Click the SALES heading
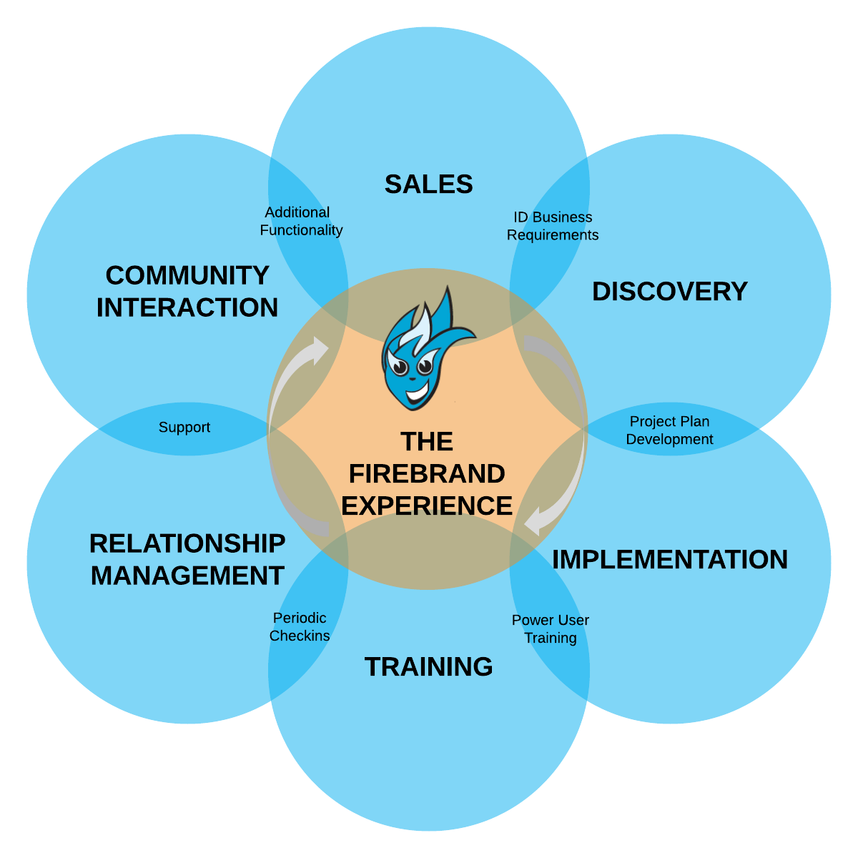pos(428,184)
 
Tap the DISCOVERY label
pos(670,292)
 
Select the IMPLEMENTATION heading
pos(670,560)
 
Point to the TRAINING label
pos(428,667)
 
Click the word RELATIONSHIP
pos(187,543)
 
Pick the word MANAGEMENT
pos(187,576)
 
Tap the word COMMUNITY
pos(187,275)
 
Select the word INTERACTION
pos(187,307)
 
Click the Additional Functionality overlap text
pos(300,222)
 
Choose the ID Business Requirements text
pos(553,226)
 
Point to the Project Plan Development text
pos(669,430)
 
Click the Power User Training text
pos(550,629)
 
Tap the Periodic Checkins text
pos(300,627)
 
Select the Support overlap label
pos(184,428)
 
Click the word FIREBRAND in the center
pos(427,473)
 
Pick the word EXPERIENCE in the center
pos(427,506)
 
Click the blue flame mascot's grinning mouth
pos(415,393)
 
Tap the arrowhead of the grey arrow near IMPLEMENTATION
pos(532,522)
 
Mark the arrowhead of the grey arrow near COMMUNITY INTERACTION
pos(319,349)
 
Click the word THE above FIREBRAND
pos(427,442)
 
